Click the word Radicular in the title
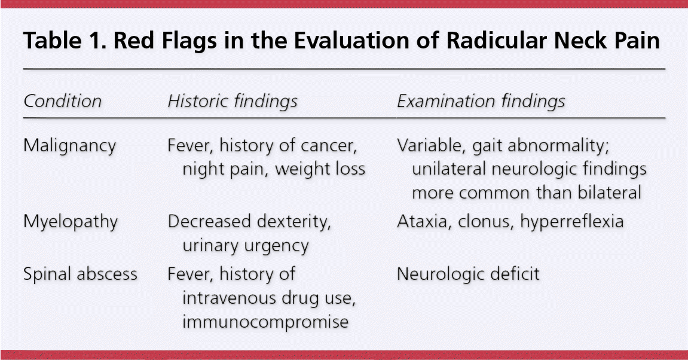coord(496,41)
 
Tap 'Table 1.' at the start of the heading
coord(66,41)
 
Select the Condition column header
coord(63,101)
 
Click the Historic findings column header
coord(233,102)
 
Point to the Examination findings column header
coord(481,102)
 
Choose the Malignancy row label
coord(70,146)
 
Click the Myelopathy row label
coord(71,222)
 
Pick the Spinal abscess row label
coord(80,274)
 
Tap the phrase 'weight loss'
coord(320,169)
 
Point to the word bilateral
coord(610,193)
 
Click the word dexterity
coord(293,222)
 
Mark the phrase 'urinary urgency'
coord(246,246)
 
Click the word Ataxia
coord(424,221)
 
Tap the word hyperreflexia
coord(572,222)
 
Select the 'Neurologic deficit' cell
coord(468,274)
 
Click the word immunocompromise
coord(265,322)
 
